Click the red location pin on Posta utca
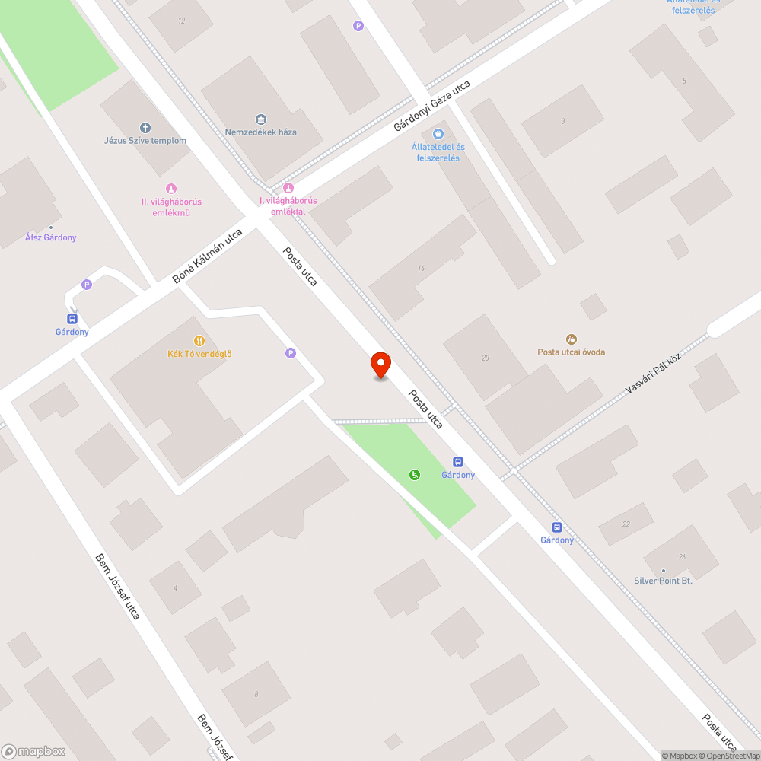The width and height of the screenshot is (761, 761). pos(380,365)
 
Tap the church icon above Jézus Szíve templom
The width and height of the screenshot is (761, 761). pos(145,127)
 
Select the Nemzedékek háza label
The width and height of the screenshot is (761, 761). pos(261,132)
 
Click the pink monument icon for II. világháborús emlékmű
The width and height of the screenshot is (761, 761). pos(171,189)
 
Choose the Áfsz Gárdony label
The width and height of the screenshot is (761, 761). pos(51,237)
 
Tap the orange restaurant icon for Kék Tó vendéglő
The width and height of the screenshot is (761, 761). pos(199,341)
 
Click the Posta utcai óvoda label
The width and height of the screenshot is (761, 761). pos(572,352)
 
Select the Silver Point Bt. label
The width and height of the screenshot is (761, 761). pos(663,581)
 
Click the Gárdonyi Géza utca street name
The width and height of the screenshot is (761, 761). pos(432,107)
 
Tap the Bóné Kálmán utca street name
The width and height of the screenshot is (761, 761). pos(207,256)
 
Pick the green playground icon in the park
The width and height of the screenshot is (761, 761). pos(415,475)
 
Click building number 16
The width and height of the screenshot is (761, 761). pos(421,268)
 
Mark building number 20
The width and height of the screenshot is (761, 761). pos(486,358)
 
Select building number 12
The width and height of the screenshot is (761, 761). pos(181,21)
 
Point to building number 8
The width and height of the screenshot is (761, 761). pos(256,693)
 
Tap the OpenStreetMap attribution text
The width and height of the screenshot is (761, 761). pos(730,756)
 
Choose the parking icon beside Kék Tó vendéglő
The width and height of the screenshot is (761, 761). pos(290,353)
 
